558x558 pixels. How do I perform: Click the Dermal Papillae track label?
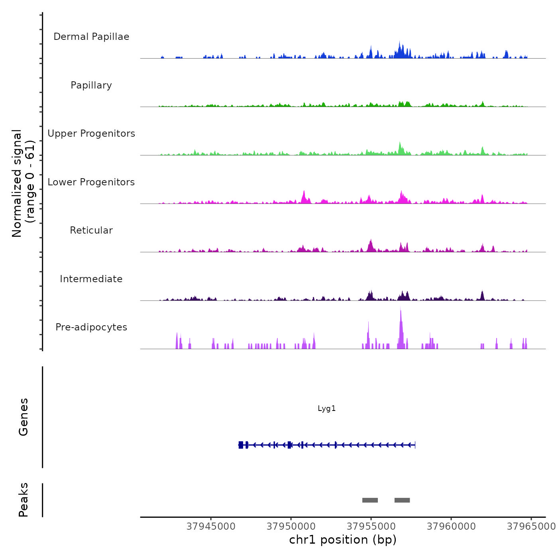91,37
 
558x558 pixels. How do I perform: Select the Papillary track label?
91,85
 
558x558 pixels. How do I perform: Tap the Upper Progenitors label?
91,134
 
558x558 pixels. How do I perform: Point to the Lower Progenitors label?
91,182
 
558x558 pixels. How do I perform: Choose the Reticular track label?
91,230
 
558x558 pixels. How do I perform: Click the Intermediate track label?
91,279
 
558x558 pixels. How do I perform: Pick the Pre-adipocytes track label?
91,327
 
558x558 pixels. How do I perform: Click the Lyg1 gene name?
326,409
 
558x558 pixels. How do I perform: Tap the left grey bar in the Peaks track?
370,500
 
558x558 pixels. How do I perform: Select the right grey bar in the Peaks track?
402,500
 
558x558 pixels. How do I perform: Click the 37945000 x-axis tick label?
211,527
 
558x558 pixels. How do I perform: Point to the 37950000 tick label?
291,527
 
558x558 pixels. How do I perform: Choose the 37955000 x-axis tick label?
371,527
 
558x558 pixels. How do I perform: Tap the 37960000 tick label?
451,527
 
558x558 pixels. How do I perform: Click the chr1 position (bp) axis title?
343,540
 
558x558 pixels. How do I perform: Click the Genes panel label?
24,417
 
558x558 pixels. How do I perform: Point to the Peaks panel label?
24,500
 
